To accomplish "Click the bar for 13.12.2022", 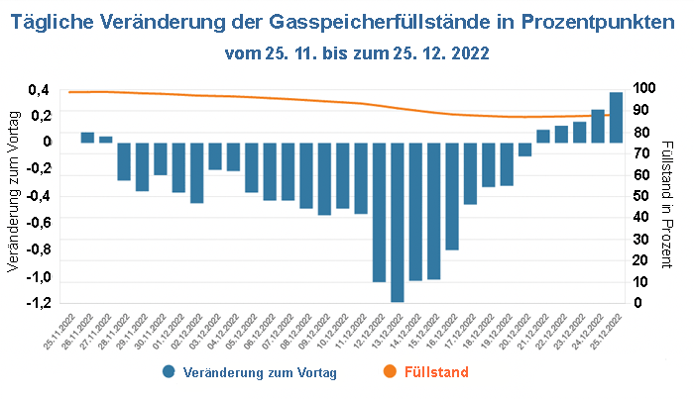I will coord(398,222).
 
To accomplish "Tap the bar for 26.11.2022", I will coord(87,138).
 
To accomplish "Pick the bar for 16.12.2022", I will coord(452,196).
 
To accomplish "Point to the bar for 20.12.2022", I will coord(524,150).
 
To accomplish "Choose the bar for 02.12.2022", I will coord(196,172).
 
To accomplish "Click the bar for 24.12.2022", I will coord(598,126).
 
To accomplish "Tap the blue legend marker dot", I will coord(171,372).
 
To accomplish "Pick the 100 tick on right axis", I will coord(644,89).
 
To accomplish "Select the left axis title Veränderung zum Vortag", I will coord(13,192).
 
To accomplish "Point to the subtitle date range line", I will coord(357,50).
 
